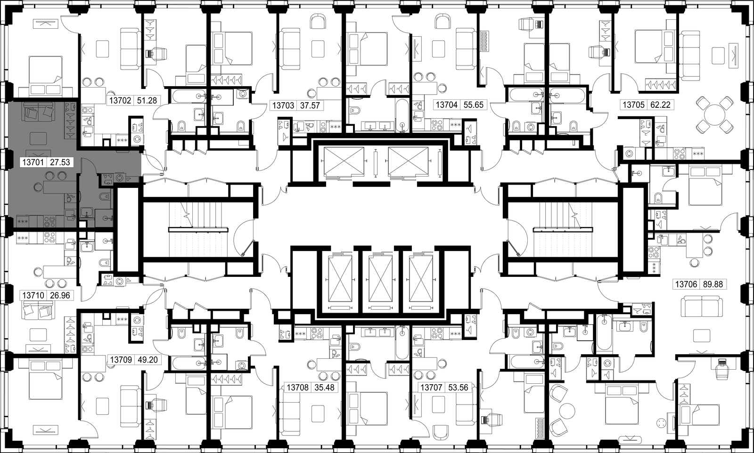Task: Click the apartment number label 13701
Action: pyautogui.click(x=33, y=162)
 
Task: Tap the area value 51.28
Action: pyautogui.click(x=147, y=101)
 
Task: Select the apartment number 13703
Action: pyautogui.click(x=283, y=105)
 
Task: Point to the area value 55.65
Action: pyautogui.click(x=473, y=105)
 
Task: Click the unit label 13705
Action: pyautogui.click(x=633, y=105)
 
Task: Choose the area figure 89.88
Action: pyautogui.click(x=713, y=284)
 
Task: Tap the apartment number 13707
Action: pyautogui.click(x=431, y=388)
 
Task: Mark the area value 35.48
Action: pyautogui.click(x=325, y=388)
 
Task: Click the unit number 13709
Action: pyautogui.click(x=121, y=360)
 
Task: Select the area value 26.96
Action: pyautogui.click(x=60, y=296)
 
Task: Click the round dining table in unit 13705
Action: pyautogui.click(x=714, y=114)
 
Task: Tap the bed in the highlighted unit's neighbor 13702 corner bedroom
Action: pyautogui.click(x=45, y=76)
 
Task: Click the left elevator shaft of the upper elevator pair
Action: pyautogui.click(x=344, y=162)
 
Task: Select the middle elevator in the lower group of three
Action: pyautogui.click(x=380, y=278)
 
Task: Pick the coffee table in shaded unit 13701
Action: pyautogui.click(x=38, y=138)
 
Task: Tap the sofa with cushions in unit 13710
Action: pyautogui.click(x=38, y=310)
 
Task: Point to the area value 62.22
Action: pyautogui.click(x=660, y=105)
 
